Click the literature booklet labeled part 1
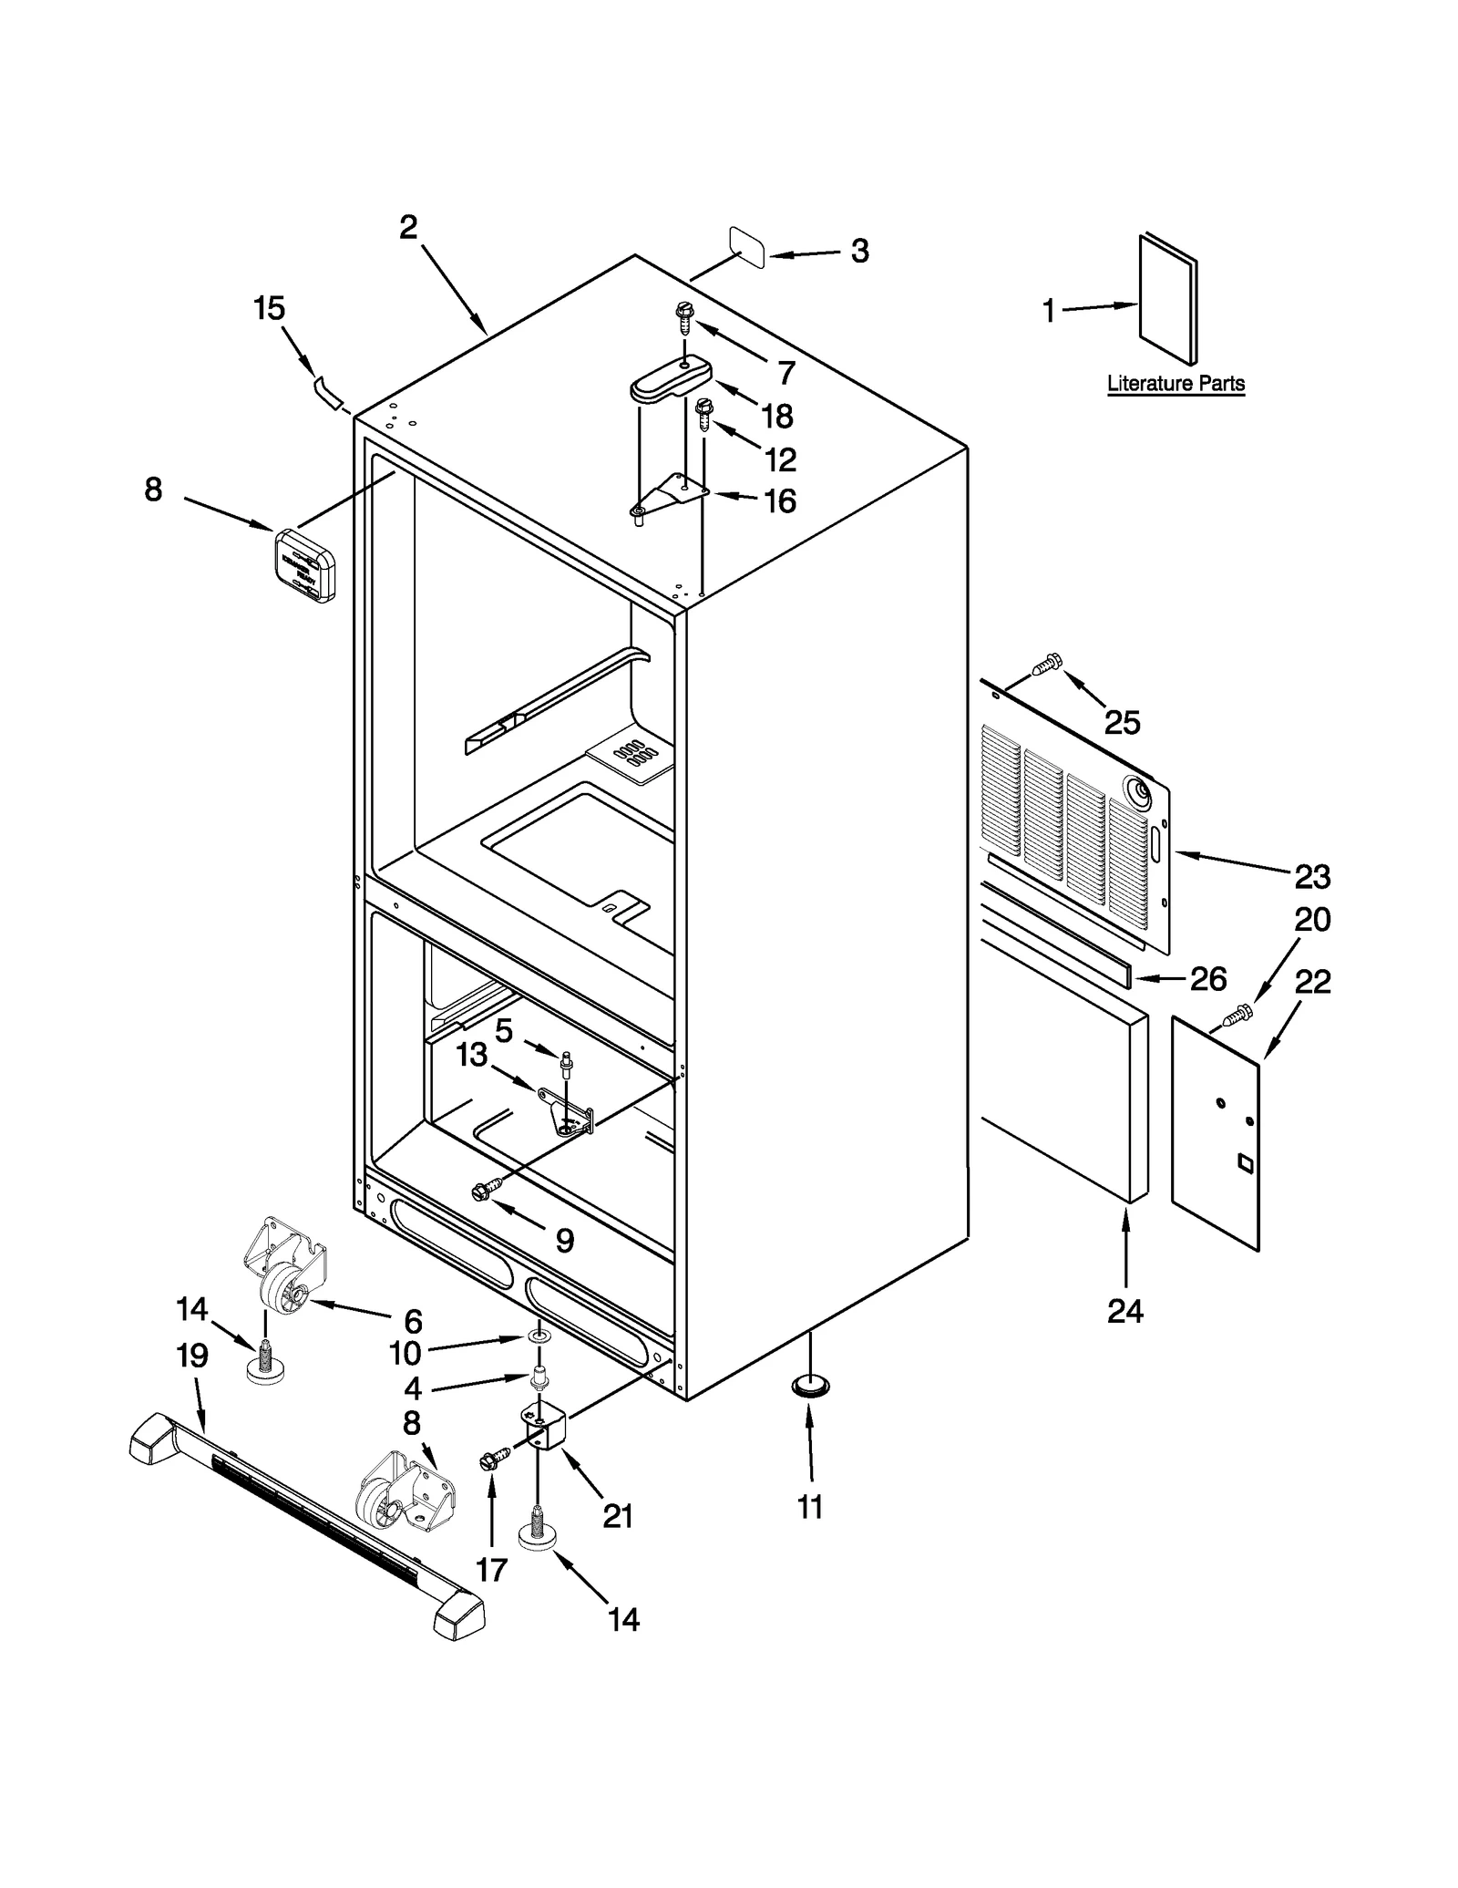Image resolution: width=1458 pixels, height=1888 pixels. point(1167,301)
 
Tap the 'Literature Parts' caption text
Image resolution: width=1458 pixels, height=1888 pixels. point(1176,384)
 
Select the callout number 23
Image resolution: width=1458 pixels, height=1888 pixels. point(1312,877)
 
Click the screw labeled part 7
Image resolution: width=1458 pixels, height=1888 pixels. point(683,318)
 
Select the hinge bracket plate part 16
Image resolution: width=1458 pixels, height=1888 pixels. point(672,498)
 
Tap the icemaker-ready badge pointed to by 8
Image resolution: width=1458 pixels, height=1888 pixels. point(304,565)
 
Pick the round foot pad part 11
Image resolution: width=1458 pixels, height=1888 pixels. point(810,1386)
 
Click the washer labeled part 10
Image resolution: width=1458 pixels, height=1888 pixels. point(538,1336)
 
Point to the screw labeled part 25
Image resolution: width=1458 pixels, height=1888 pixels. point(1047,664)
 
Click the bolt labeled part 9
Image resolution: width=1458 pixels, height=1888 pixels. point(486,1189)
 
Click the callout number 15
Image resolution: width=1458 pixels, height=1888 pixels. point(269,308)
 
